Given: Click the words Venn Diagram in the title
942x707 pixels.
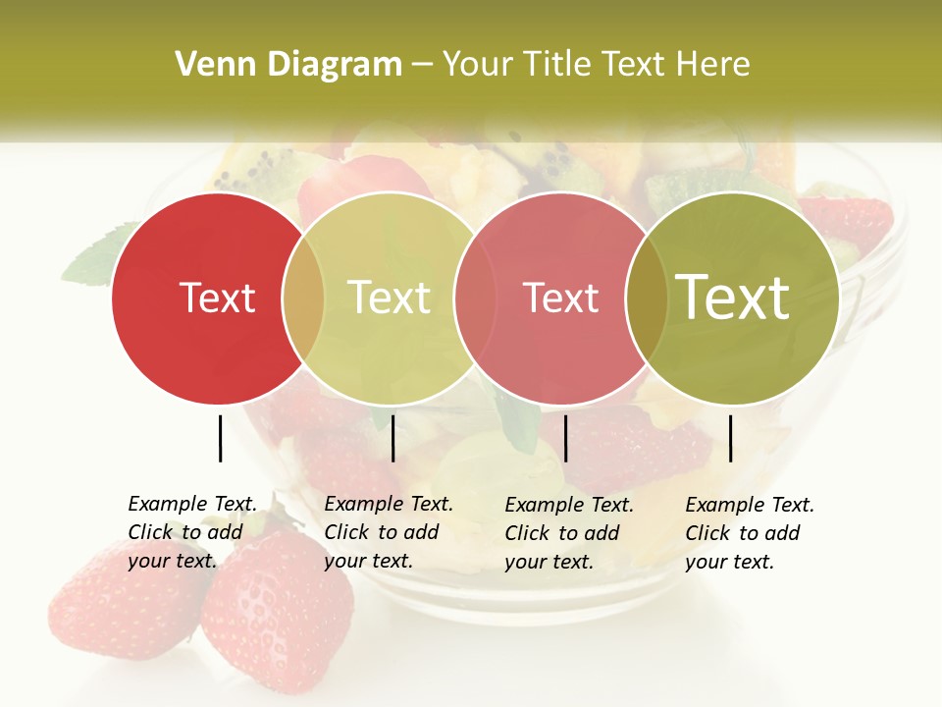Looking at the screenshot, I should coord(288,65).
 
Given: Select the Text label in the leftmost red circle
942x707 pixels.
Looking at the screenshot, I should coord(217,299).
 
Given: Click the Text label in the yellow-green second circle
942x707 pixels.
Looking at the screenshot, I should coord(389,299).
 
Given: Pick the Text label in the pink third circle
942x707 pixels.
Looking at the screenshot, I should coord(560,299).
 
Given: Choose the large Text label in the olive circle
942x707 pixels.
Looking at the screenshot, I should coord(733,298).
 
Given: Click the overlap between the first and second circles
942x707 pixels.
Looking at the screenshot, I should coord(303,299).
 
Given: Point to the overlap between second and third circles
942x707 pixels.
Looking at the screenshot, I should coord(475,299).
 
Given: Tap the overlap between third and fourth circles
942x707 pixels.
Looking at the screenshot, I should coord(647,299).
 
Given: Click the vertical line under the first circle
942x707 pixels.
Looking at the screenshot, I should coord(220,438).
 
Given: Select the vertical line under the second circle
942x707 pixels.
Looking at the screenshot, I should coord(392,438).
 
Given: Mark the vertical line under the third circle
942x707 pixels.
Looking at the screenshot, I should coord(565,438).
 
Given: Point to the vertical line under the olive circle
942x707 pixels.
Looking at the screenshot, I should coord(730,438).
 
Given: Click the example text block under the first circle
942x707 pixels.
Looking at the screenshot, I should coord(192,532).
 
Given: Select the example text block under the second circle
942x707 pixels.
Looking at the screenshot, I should coord(389,532).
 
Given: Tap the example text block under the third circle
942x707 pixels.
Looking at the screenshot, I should coord(569,533).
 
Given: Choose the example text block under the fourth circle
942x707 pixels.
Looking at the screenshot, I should coord(750,533).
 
